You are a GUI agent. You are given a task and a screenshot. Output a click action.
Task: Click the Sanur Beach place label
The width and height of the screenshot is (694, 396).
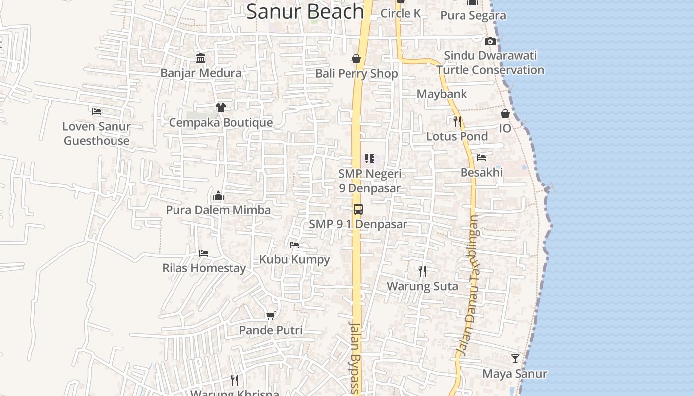(305, 11)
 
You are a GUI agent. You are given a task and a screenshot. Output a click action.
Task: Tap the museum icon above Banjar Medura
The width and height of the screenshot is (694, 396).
(201, 58)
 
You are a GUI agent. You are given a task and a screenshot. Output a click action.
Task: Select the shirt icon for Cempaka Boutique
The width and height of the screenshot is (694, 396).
(220, 107)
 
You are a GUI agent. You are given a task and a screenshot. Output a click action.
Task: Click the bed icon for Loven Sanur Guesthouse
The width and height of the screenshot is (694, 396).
(97, 112)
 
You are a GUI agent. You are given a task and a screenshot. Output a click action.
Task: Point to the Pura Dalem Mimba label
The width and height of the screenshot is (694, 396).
(218, 210)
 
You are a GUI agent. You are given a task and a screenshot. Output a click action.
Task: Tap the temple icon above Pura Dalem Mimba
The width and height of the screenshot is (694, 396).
(218, 196)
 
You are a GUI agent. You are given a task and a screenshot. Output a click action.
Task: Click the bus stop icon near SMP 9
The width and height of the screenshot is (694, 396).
(358, 209)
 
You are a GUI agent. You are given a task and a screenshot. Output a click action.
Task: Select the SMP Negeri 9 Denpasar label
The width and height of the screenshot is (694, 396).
(370, 181)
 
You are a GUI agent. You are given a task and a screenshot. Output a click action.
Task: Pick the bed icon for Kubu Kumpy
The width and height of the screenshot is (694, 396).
(294, 245)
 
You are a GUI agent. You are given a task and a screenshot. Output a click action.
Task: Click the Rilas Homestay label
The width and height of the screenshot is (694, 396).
(204, 268)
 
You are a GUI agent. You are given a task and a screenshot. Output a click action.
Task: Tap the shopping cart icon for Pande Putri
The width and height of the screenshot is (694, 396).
(270, 315)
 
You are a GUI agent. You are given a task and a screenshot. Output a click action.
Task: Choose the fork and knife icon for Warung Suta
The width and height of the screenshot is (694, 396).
(422, 271)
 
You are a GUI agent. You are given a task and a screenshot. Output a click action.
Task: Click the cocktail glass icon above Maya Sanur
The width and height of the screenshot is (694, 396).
(515, 359)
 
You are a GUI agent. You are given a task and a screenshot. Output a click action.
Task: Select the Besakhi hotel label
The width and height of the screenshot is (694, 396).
(481, 172)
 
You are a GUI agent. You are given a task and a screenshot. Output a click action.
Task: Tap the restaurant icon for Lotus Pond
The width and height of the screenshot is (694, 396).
(457, 121)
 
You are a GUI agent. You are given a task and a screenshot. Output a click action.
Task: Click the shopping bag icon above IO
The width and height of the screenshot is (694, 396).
(505, 114)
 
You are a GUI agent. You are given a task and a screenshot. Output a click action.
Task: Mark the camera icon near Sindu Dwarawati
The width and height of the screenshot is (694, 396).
(490, 42)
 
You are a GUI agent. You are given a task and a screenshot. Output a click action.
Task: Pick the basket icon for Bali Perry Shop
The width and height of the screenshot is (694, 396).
(356, 59)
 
